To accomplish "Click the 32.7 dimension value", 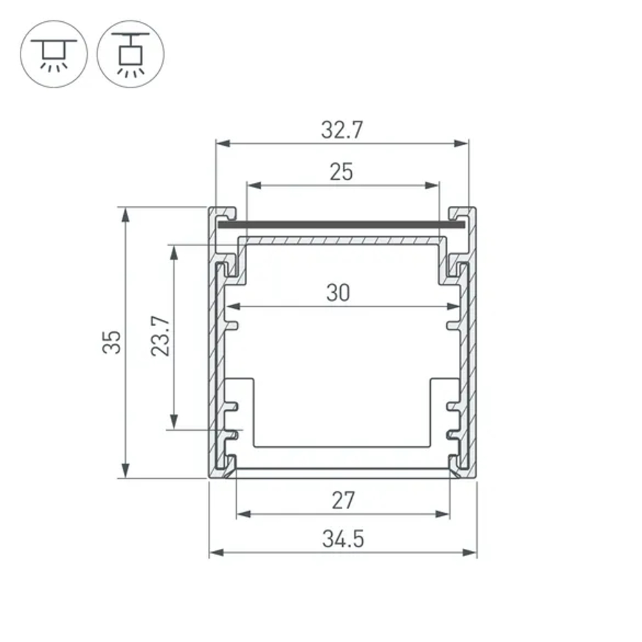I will [x=342, y=130].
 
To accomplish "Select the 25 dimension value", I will [x=342, y=172].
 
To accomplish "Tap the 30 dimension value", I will [x=338, y=293].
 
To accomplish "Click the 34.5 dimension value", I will [x=343, y=539].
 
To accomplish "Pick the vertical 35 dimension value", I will [x=111, y=342].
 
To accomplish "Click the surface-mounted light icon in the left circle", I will [x=54, y=53].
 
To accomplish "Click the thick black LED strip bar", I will [x=341, y=225].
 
